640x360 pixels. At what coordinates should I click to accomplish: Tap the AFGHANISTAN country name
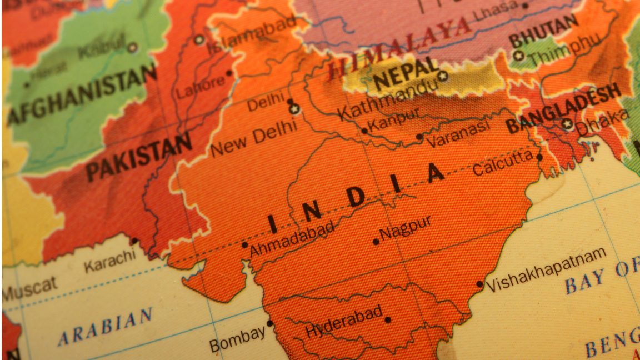[x=81, y=94]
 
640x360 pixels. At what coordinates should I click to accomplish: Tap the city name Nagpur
[x=405, y=228]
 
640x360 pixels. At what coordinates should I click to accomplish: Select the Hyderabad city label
[x=344, y=322]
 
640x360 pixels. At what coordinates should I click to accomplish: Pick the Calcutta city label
[x=502, y=163]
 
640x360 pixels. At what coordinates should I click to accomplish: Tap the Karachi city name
[x=109, y=261]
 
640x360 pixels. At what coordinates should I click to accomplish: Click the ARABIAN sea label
[x=105, y=327]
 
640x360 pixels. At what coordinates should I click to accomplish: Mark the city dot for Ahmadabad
[x=244, y=244]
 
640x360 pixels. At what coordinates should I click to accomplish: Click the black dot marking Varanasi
[x=419, y=136]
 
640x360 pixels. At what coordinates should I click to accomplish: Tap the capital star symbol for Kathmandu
[x=443, y=76]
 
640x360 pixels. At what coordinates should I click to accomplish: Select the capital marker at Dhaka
[x=567, y=124]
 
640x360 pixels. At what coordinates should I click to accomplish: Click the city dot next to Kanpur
[x=364, y=131]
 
